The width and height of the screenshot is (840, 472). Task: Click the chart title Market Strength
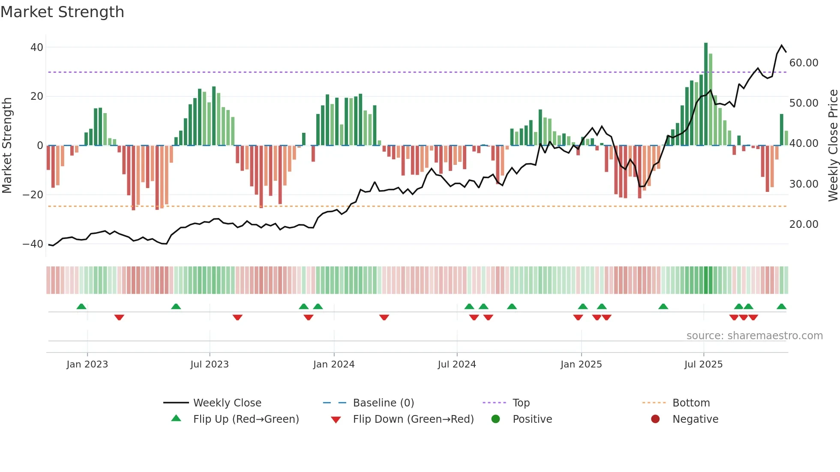pyautogui.click(x=62, y=12)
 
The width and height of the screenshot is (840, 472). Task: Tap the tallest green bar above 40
pyautogui.click(x=706, y=94)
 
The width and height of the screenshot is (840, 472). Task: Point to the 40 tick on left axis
pyautogui.click(x=37, y=48)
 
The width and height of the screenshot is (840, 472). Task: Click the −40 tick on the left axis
pyautogui.click(x=33, y=244)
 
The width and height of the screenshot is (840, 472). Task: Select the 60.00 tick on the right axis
pyautogui.click(x=804, y=63)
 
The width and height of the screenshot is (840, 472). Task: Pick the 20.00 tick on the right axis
pyautogui.click(x=804, y=224)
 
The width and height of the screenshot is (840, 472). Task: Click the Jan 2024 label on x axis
pyautogui.click(x=334, y=364)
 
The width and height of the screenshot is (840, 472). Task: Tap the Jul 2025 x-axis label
pyautogui.click(x=703, y=364)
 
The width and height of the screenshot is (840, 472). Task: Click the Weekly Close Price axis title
pyautogui.click(x=833, y=146)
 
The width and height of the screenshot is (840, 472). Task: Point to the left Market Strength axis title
pyautogui.click(x=7, y=146)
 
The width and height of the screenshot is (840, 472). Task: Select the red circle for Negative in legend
pyautogui.click(x=655, y=419)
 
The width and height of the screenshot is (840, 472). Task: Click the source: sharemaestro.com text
pyautogui.click(x=754, y=336)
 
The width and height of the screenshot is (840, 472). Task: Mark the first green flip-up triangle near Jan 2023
pyautogui.click(x=81, y=306)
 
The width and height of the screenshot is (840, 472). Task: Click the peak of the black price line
pyautogui.click(x=782, y=45)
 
